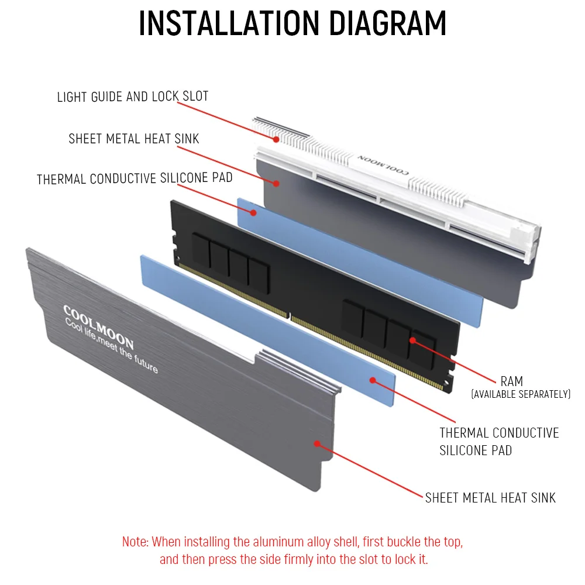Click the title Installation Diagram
(x=292, y=23)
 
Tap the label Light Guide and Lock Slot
(x=132, y=97)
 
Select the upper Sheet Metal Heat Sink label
(x=134, y=139)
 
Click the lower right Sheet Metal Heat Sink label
(x=490, y=498)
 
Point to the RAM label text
(x=511, y=381)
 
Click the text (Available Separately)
(x=521, y=394)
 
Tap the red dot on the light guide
(x=276, y=139)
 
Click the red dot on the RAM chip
(x=412, y=340)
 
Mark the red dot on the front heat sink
(x=316, y=443)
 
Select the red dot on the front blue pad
(x=372, y=380)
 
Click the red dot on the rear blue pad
(x=253, y=213)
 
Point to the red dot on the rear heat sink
(x=276, y=184)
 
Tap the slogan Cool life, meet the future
(x=111, y=345)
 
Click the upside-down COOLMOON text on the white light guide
(x=383, y=164)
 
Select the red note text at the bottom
(x=292, y=550)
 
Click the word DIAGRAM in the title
(x=388, y=23)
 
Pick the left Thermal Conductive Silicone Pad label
(x=135, y=178)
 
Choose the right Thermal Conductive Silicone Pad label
(x=499, y=442)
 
